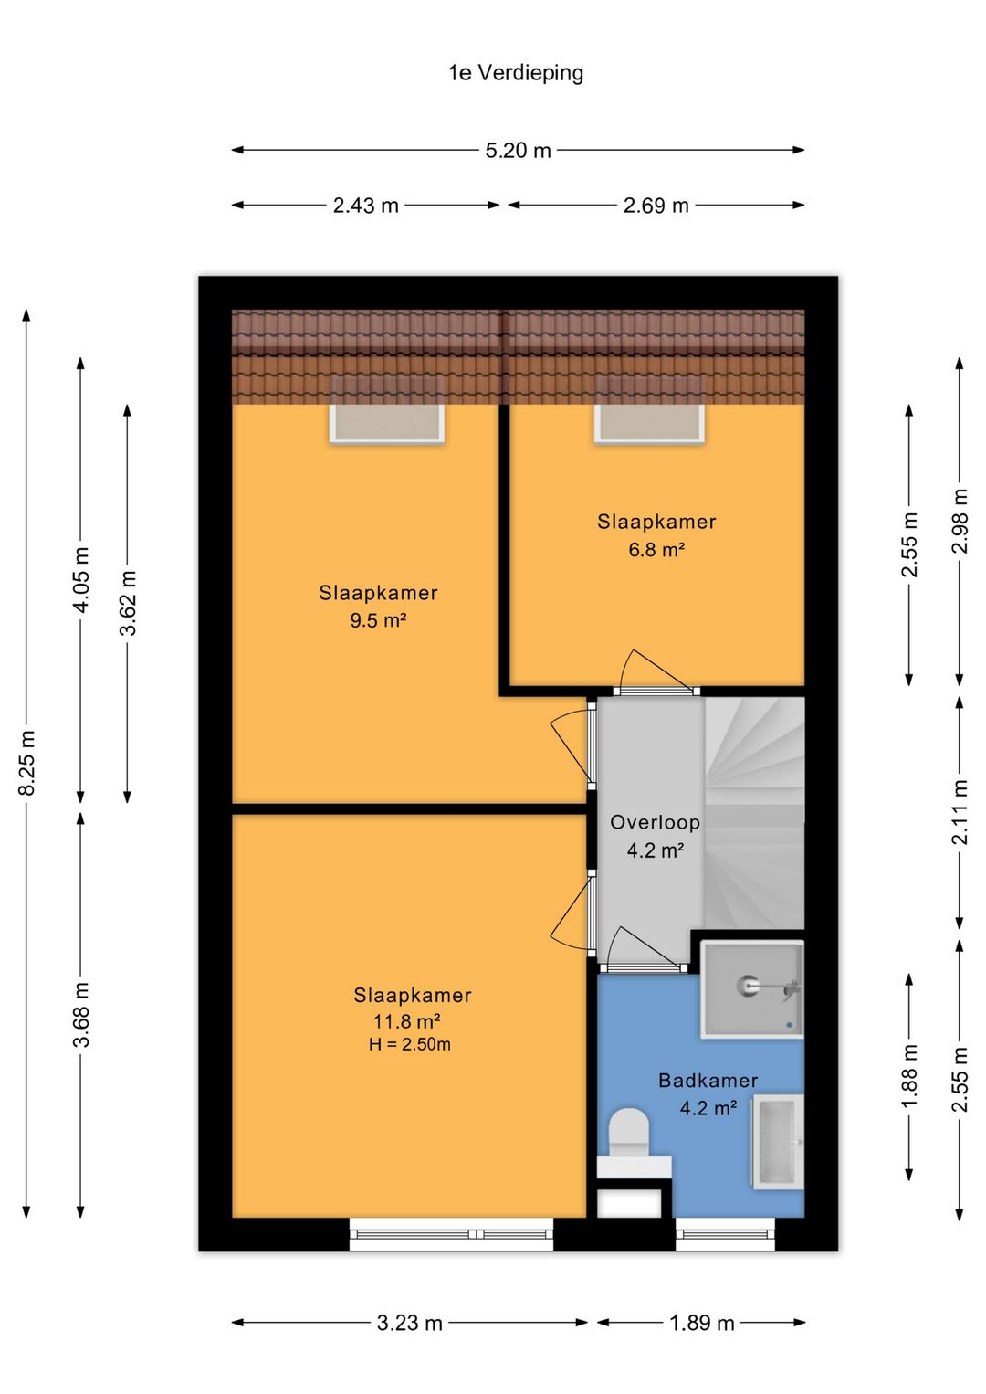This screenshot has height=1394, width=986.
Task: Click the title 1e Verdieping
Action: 516,73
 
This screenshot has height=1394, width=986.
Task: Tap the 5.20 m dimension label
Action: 519,151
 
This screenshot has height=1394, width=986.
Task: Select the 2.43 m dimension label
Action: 366,206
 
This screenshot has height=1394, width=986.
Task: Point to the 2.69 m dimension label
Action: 656,206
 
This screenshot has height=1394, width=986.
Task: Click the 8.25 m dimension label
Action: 27,763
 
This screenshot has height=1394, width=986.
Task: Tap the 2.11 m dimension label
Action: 960,811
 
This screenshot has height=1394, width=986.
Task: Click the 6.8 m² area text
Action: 657,550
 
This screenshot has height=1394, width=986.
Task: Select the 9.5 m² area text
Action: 378,620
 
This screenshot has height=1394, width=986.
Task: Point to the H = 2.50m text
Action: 409,1043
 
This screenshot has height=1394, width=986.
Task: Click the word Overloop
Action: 656,822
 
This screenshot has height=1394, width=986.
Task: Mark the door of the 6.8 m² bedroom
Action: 656,691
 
